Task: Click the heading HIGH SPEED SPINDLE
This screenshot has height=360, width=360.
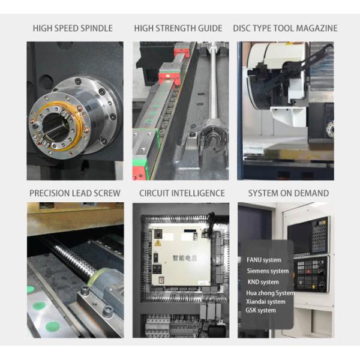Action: coord(73,28)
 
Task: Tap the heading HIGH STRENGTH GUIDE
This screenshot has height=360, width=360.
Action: coord(178,28)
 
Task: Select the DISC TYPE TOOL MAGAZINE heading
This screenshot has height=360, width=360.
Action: coord(285,28)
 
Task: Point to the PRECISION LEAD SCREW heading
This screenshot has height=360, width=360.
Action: coord(75,193)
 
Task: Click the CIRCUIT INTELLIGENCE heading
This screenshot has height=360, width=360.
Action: coord(182,193)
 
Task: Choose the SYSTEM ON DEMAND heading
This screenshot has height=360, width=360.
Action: coord(289,193)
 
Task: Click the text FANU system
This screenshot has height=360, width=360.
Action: coord(264,260)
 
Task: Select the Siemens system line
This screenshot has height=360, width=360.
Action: coord(268,271)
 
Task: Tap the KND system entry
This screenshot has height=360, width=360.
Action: coord(263,282)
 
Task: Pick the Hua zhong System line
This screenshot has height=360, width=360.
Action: coord(270,293)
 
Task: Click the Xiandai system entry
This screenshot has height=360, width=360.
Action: coord(266,302)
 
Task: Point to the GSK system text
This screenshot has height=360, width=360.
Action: coord(260,310)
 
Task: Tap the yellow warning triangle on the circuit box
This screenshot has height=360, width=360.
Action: coord(157,243)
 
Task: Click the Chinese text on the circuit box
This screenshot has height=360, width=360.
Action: coord(185,258)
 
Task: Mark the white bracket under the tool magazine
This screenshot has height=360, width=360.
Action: coord(288,116)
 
